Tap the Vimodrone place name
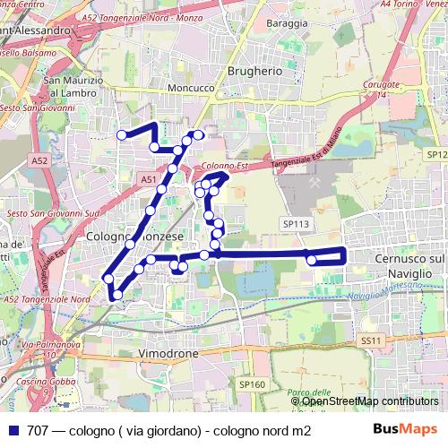168,354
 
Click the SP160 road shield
252,384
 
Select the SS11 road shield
371,340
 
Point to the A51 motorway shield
148,180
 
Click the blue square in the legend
12,430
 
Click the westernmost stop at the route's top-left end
122,135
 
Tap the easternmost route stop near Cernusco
311,260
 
